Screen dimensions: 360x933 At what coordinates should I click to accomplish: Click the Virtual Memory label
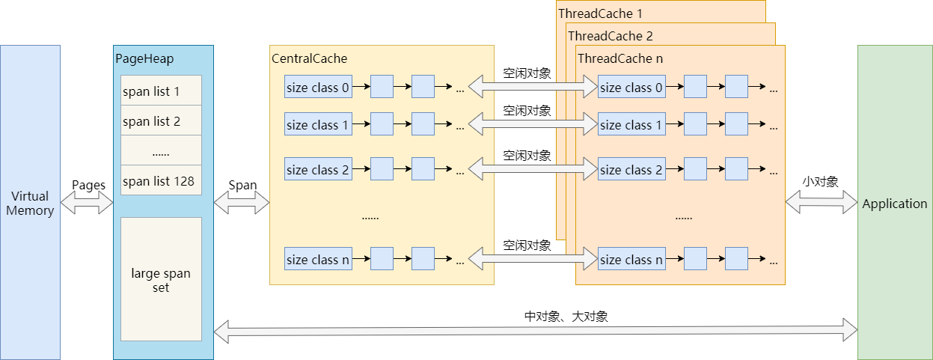(x=30, y=203)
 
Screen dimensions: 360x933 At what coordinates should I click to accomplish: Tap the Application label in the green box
(x=894, y=204)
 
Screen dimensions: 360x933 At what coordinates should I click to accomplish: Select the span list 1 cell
(x=161, y=91)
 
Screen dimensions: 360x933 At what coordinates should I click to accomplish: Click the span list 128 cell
(x=161, y=180)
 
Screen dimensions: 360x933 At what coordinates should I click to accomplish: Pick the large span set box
(x=161, y=279)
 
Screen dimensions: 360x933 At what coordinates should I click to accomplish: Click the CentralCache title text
(x=310, y=58)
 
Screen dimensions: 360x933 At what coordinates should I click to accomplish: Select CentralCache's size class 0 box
(x=318, y=88)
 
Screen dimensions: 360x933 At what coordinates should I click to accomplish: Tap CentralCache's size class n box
(x=318, y=260)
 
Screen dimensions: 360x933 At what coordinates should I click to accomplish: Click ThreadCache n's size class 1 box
(x=631, y=125)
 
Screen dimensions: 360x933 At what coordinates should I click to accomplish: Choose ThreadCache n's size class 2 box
(x=631, y=170)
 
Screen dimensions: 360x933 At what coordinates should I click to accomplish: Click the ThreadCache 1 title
(x=600, y=13)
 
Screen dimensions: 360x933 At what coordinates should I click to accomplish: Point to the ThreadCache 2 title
(x=610, y=35)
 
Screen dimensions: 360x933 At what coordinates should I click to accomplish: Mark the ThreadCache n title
(x=620, y=58)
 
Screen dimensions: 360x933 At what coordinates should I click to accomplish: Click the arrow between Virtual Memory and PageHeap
(x=87, y=202)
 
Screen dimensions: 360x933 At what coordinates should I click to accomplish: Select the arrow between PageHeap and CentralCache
(x=241, y=202)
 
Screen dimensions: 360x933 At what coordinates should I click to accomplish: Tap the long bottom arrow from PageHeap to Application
(x=535, y=329)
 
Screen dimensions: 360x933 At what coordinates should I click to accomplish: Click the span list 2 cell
(x=161, y=120)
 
